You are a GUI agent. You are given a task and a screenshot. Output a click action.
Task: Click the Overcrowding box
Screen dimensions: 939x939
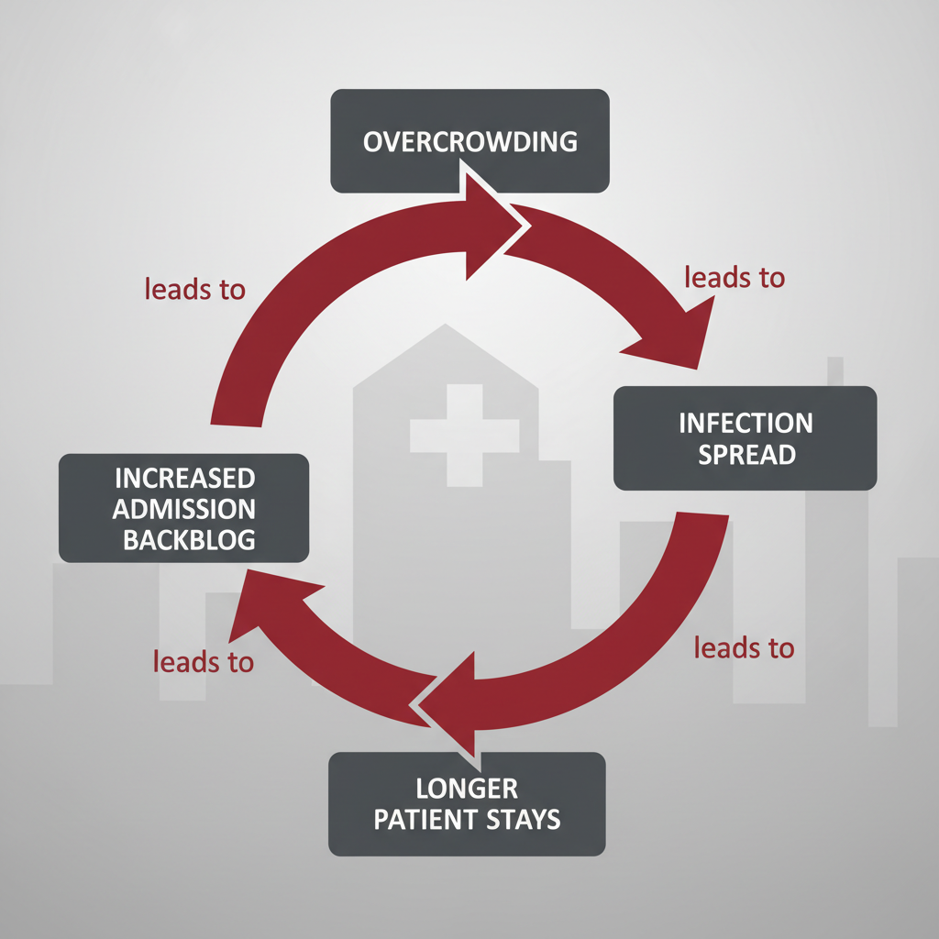469,140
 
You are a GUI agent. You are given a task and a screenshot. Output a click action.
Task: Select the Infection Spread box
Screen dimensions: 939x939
745,437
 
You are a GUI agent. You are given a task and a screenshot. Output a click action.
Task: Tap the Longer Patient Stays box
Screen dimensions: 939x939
467,803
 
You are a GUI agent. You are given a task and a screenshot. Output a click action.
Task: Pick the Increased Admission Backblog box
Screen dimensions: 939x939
183,507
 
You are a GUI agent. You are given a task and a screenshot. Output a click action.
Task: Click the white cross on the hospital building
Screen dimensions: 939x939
446,435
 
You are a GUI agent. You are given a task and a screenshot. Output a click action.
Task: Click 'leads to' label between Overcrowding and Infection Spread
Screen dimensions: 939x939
735,277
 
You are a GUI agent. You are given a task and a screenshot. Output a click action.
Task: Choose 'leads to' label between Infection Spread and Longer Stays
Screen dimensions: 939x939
744,647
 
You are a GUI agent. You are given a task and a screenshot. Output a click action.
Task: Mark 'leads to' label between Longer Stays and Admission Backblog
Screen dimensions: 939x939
204,661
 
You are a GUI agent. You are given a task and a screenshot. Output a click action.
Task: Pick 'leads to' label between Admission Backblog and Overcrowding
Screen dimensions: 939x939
195,289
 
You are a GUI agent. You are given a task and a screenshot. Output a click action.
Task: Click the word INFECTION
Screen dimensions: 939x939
746,423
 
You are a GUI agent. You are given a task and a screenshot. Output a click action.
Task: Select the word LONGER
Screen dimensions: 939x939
467,787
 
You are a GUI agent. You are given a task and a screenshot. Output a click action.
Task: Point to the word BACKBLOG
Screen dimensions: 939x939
189,540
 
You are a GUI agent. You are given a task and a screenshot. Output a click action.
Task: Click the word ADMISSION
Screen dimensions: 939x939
185,509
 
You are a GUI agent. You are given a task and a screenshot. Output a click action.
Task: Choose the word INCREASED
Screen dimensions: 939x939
184,478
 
